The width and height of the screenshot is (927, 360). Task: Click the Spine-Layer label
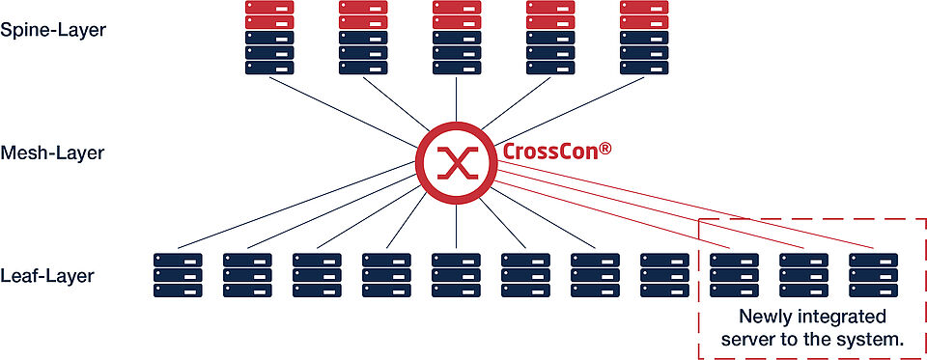click(53, 29)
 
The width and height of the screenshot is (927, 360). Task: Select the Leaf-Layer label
click(47, 276)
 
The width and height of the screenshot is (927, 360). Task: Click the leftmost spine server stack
click(269, 38)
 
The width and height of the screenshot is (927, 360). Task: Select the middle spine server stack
click(457, 38)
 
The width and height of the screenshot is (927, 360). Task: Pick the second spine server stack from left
click(363, 38)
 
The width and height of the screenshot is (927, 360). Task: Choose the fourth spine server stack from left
click(550, 38)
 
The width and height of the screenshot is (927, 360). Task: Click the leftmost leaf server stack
click(178, 274)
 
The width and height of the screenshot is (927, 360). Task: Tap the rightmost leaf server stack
click(873, 274)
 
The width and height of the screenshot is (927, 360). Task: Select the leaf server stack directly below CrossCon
click(456, 274)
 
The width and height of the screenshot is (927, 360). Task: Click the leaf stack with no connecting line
click(664, 274)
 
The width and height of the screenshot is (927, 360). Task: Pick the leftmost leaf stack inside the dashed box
click(734, 274)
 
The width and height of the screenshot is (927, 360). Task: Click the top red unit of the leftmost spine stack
click(269, 7)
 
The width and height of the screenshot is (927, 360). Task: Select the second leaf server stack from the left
click(247, 274)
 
